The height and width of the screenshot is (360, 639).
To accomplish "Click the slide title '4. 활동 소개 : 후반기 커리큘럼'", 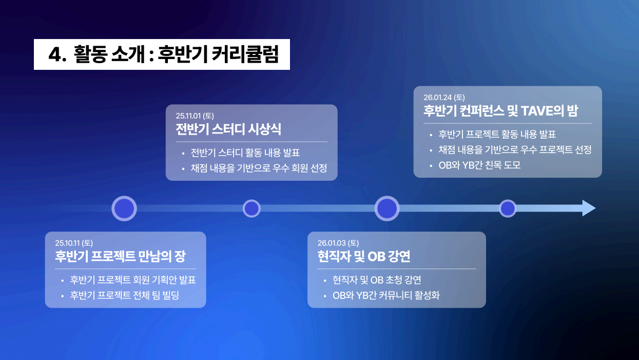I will point(162,54).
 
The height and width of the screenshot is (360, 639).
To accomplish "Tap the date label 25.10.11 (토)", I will point(74,243).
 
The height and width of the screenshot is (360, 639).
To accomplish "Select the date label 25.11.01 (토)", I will point(195,116).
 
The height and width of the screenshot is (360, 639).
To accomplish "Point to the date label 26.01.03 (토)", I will point(338,243).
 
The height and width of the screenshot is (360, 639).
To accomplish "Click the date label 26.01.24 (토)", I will point(444,97).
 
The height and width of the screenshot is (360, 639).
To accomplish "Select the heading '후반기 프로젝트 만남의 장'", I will point(124,256).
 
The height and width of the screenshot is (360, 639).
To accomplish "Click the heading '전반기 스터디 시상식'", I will point(228,129).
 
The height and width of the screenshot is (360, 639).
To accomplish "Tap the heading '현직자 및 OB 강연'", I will point(364,256).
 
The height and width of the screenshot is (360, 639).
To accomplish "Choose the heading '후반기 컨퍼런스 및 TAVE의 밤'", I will point(501,110).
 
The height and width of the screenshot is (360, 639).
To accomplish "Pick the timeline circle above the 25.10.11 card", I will point(124,209).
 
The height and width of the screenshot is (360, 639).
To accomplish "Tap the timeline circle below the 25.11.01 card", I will point(251,209).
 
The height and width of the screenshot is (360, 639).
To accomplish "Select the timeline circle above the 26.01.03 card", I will point(387,209).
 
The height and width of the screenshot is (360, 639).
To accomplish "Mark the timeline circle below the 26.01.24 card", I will point(508,209).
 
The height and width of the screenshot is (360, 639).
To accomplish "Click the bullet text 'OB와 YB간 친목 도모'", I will point(479,165).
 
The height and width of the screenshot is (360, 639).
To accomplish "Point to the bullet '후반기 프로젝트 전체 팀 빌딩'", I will point(124,296).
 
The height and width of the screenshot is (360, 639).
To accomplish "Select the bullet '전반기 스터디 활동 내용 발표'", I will point(245,153).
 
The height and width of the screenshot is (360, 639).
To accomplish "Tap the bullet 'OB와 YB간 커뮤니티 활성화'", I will point(386,296).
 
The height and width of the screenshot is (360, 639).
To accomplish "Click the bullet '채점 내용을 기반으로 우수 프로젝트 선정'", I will point(515,150).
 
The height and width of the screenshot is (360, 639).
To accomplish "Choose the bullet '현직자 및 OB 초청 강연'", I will point(377,280).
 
